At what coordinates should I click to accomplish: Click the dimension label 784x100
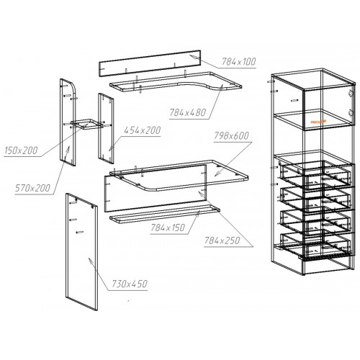pos(238,62)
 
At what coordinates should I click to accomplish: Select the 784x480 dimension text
pos(188,112)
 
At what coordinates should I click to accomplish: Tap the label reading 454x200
pos(142,130)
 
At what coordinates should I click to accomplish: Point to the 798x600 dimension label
pos(231,136)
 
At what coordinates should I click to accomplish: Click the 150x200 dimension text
pos(21,150)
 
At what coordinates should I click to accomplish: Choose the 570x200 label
pos(32,188)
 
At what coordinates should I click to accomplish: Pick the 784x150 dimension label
pos(168,228)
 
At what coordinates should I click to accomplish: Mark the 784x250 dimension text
pos(222,240)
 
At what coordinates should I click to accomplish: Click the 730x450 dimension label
pos(130,284)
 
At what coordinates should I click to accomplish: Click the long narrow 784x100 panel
pos(150,63)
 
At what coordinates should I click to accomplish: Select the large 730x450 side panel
pos(81,252)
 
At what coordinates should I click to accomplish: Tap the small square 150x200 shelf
pos(87,124)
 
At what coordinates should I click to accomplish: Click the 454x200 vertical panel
pos(106,128)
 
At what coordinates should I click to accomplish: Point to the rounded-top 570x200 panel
pos(68,122)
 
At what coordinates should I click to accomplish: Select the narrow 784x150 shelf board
pos(165,214)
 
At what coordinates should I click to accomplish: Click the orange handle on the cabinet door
pos(319,122)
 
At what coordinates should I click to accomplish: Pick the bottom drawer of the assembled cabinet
pos(315,245)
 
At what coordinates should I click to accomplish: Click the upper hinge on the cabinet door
pos(351,93)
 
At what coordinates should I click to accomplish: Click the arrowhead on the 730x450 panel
pos(91,261)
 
